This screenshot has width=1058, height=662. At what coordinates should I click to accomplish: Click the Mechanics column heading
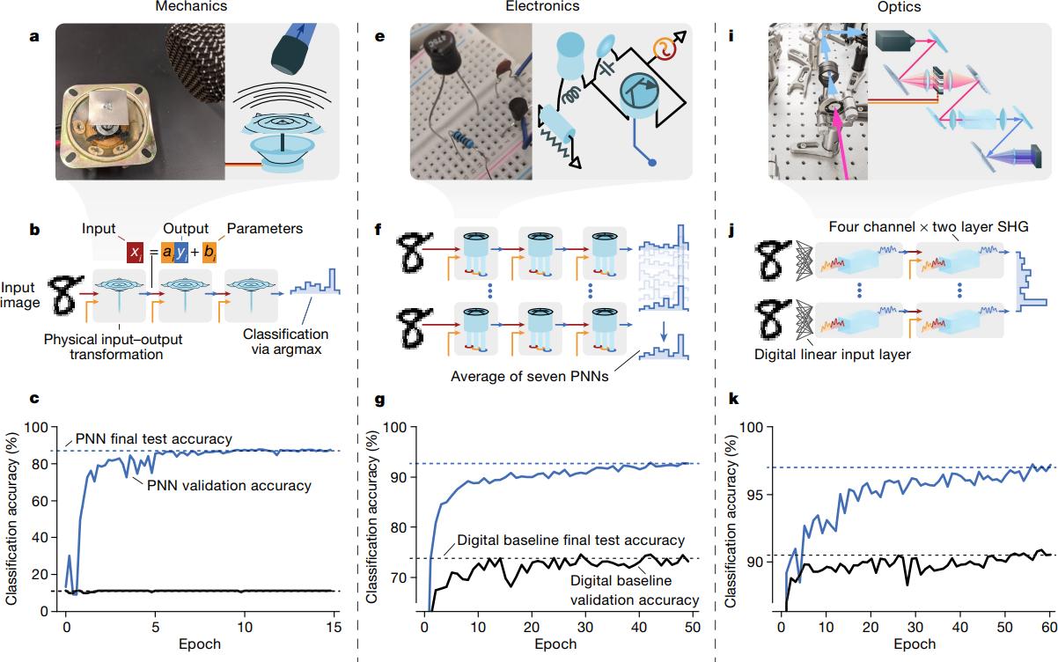pos(191,6)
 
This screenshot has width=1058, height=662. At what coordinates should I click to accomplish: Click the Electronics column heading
pos(542,6)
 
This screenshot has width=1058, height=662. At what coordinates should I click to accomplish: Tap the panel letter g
pos(380,398)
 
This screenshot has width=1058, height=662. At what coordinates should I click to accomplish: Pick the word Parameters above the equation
pos(265,229)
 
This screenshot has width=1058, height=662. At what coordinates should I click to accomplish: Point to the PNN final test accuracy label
pos(142,438)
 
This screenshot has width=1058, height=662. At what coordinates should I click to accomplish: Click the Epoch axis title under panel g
pos(557,644)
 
